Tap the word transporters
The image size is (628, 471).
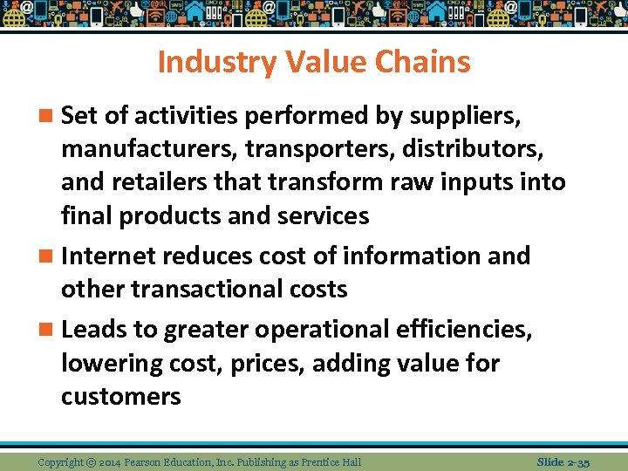pos(327,149)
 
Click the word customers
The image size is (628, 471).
pos(120,397)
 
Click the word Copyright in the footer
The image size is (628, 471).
pos(61,461)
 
